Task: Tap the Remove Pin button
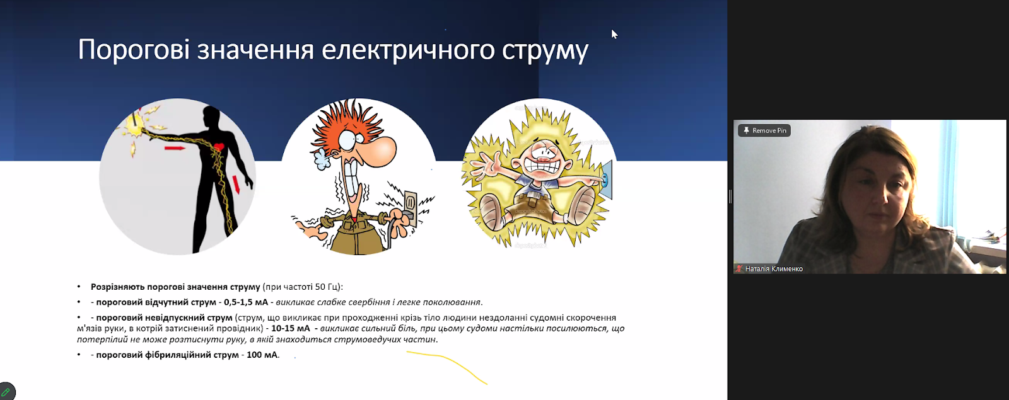click(x=764, y=130)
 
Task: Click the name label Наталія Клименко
click(x=773, y=268)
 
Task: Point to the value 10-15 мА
click(x=291, y=328)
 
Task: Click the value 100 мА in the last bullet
click(x=262, y=355)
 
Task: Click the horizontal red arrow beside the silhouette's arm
click(x=174, y=147)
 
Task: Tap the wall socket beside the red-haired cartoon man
click(x=410, y=202)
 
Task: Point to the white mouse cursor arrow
click(x=614, y=34)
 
